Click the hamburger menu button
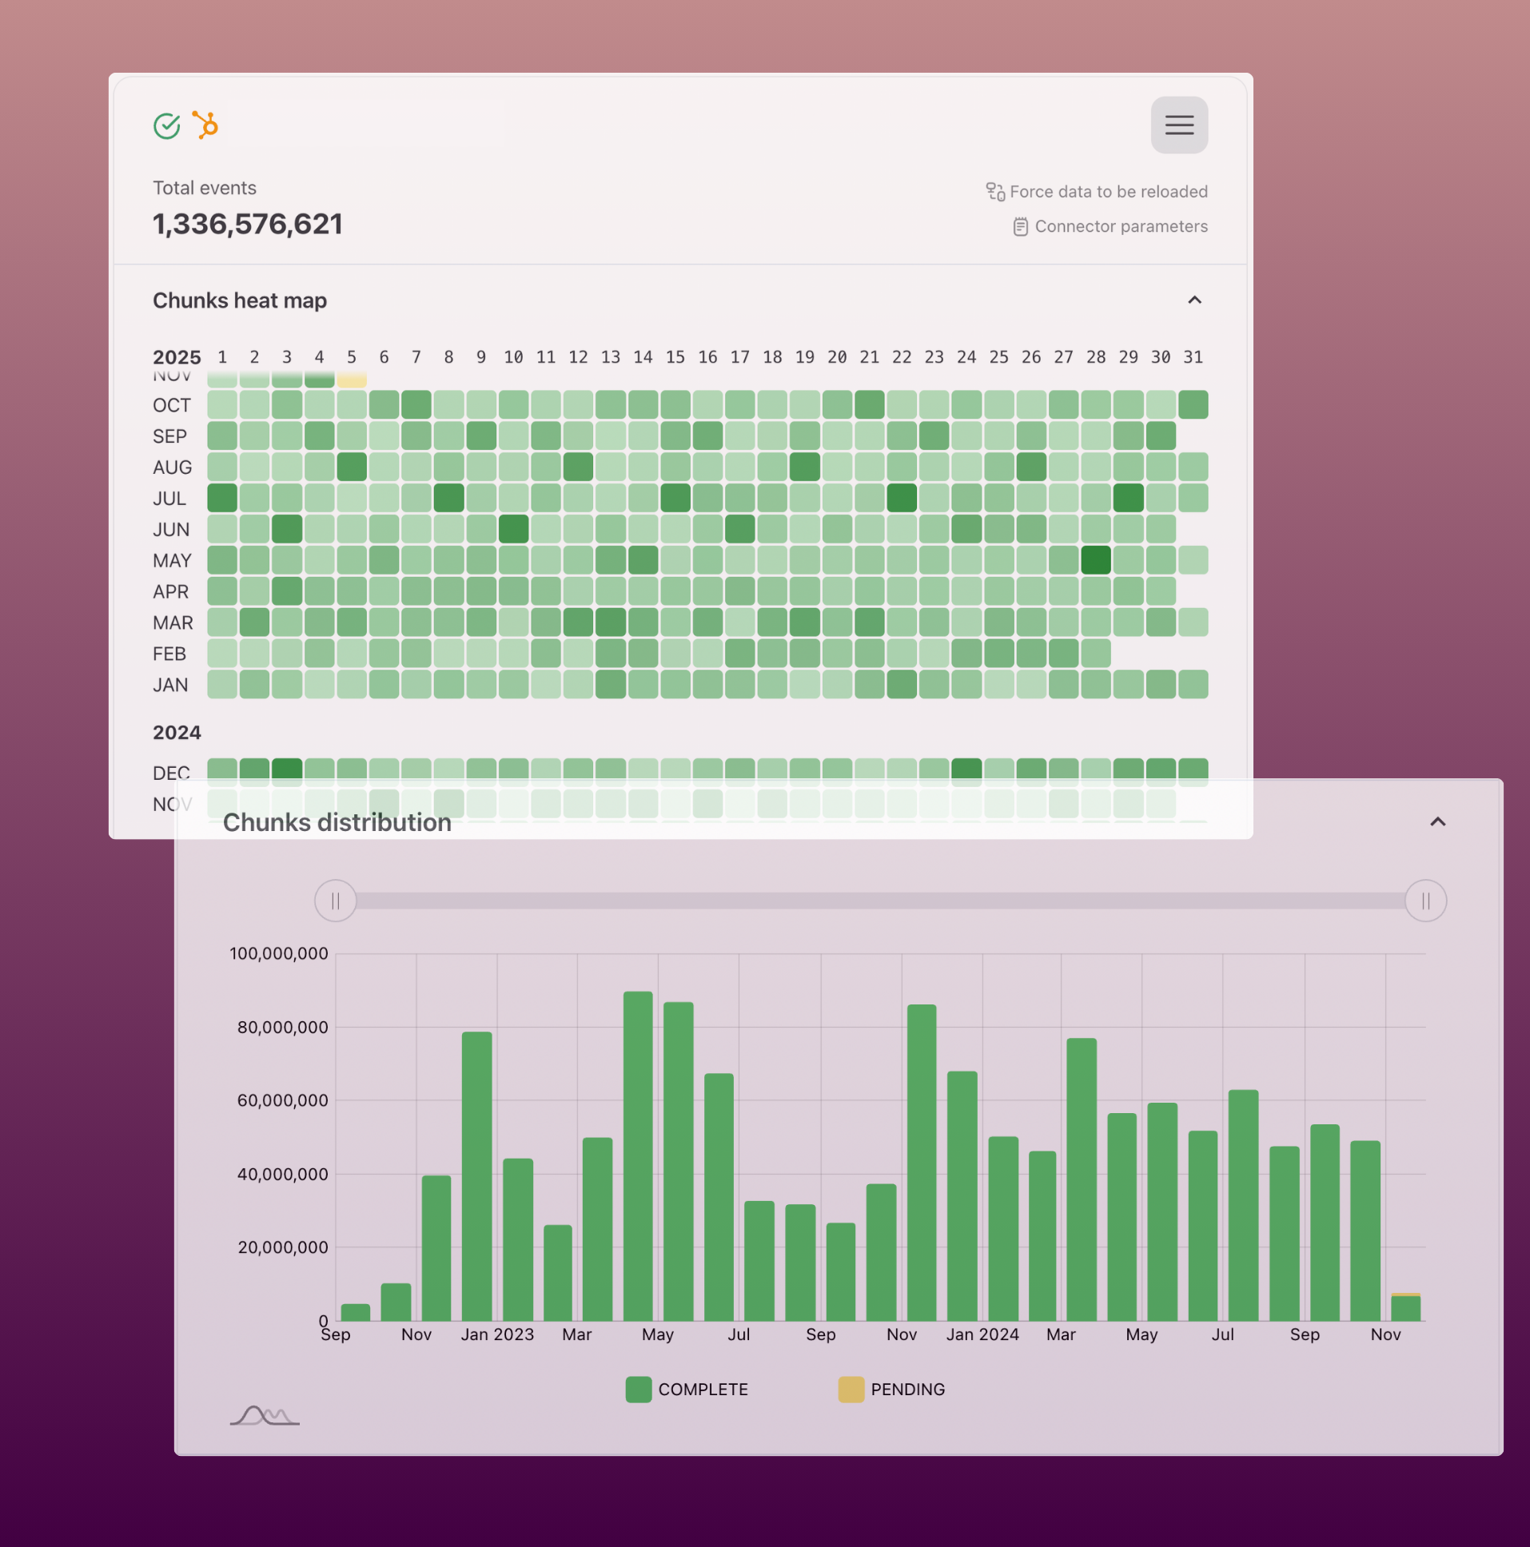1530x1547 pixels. (x=1179, y=125)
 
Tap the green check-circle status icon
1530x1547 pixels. (x=166, y=125)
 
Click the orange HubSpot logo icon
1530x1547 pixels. (x=206, y=125)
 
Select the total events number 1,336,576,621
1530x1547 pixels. (x=248, y=225)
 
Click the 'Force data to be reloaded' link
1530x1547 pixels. (x=1107, y=191)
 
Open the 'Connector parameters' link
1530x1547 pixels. (x=1119, y=227)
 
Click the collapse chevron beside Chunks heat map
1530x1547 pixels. (x=1194, y=300)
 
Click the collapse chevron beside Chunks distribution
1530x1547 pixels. (x=1438, y=821)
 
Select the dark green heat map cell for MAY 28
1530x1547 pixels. (x=1096, y=559)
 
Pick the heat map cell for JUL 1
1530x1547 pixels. (x=222, y=498)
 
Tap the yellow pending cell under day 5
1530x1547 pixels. (x=352, y=379)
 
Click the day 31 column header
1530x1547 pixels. (x=1193, y=357)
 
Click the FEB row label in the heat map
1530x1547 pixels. (x=169, y=654)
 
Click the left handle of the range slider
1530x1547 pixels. (x=336, y=901)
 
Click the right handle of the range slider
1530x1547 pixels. (x=1425, y=901)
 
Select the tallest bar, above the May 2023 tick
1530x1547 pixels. (x=638, y=1153)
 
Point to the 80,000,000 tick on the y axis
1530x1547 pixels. (x=283, y=1028)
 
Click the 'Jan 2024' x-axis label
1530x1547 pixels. (x=982, y=1334)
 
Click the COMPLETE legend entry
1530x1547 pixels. (x=687, y=1390)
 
